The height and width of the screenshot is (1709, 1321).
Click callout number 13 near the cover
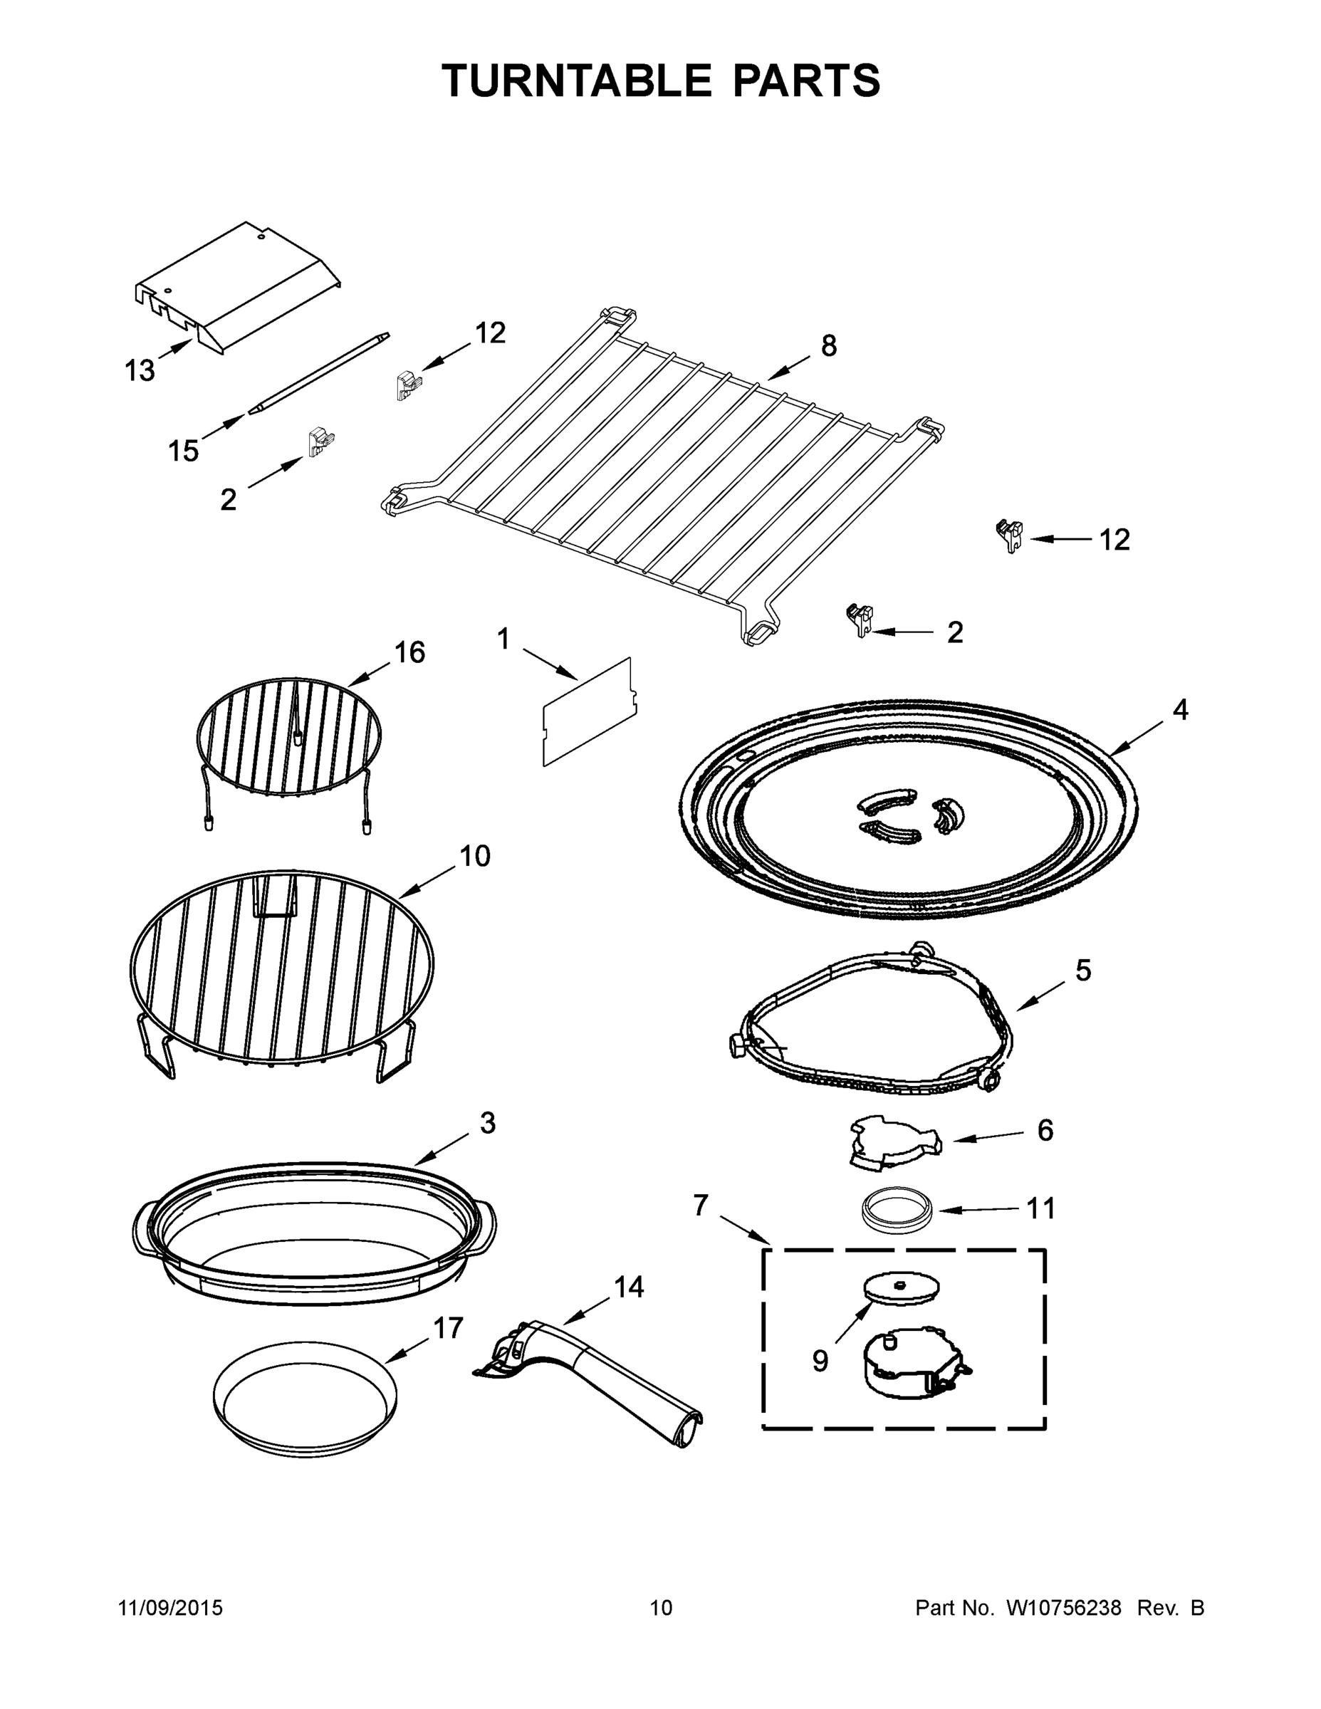tap(140, 370)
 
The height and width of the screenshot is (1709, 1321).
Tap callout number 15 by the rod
tap(183, 451)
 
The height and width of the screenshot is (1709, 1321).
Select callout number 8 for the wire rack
tap(829, 345)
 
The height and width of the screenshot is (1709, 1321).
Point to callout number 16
tap(409, 652)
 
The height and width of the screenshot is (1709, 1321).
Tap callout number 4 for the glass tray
tap(1180, 710)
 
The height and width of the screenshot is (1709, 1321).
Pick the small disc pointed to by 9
tap(901, 1288)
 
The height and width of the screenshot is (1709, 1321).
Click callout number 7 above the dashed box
tap(701, 1206)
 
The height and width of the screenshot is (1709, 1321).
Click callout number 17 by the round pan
tap(449, 1328)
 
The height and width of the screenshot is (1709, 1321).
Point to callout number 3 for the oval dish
tap(487, 1123)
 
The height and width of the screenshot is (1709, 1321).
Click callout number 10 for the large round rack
tap(474, 855)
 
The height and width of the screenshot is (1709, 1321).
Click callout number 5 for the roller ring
tap(1083, 971)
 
